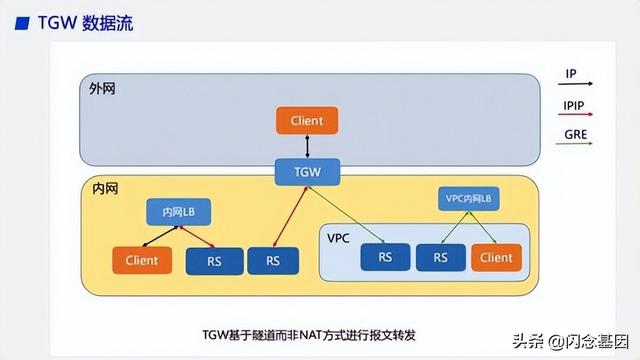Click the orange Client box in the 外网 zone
(307, 121)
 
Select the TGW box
(307, 171)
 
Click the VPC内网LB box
(468, 199)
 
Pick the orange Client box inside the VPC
(496, 257)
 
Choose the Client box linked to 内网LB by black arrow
(142, 260)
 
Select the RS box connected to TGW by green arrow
(385, 257)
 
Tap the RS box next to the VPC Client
(441, 257)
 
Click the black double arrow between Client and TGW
(307, 146)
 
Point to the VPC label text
(340, 238)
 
